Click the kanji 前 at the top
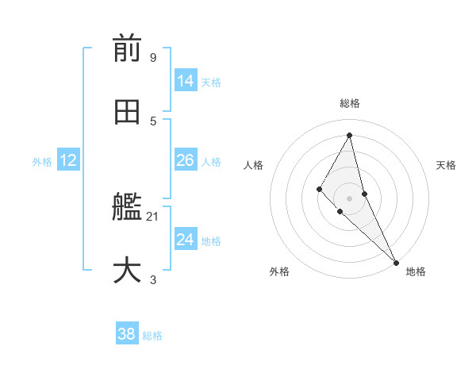[x=127, y=48]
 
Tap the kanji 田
[x=127, y=112]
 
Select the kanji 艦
[x=127, y=208]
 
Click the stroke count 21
[x=153, y=216]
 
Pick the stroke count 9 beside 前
[x=153, y=57]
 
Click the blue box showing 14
[x=185, y=81]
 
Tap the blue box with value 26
[x=185, y=160]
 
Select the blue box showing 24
[x=185, y=240]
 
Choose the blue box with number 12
[x=67, y=160]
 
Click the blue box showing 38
[x=126, y=334]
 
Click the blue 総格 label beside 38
[x=152, y=336]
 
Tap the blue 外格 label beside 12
[x=42, y=162]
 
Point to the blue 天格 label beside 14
[x=211, y=83]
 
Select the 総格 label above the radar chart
[x=350, y=103]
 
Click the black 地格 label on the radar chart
[x=416, y=271]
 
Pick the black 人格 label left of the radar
[x=254, y=165]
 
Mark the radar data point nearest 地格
[x=396, y=261]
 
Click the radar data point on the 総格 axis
[x=350, y=135]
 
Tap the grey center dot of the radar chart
[x=350, y=198]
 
